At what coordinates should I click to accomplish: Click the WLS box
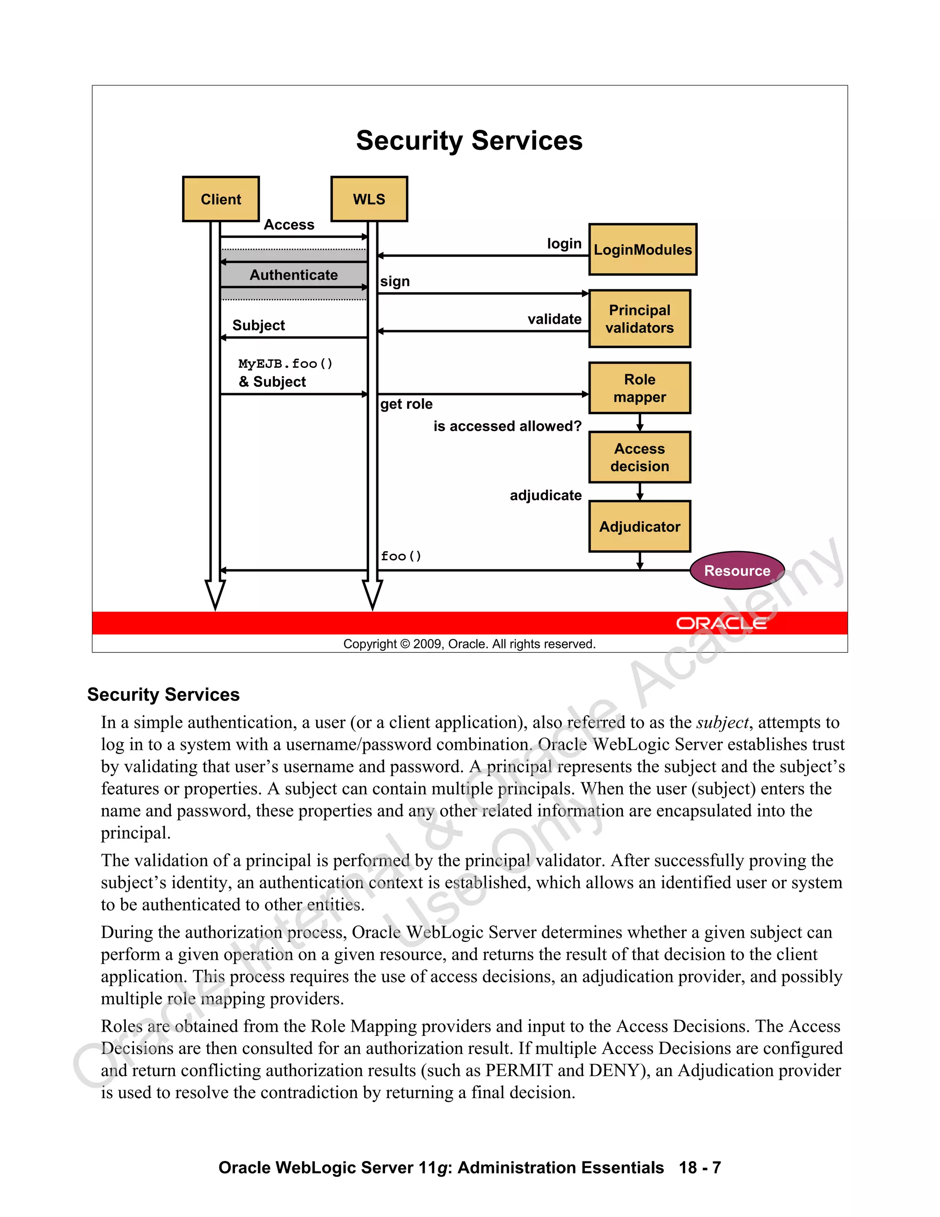[x=369, y=199]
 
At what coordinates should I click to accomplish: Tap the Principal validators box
[x=639, y=319]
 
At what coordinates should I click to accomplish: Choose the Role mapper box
[x=639, y=388]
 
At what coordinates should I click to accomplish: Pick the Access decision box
[x=639, y=457]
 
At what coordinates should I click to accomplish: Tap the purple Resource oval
[x=737, y=570]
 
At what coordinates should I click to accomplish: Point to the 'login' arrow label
[x=564, y=243]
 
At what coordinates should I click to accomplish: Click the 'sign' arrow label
[x=395, y=282]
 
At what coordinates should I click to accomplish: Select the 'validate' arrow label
[x=554, y=319]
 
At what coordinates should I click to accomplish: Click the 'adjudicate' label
[x=545, y=496]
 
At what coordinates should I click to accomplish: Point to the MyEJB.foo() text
[x=285, y=364]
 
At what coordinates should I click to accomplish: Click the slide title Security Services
[x=469, y=141]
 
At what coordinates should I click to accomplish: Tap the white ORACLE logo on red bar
[x=721, y=623]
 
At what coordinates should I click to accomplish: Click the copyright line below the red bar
[x=469, y=644]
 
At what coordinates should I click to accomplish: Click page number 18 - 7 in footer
[x=699, y=1167]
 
